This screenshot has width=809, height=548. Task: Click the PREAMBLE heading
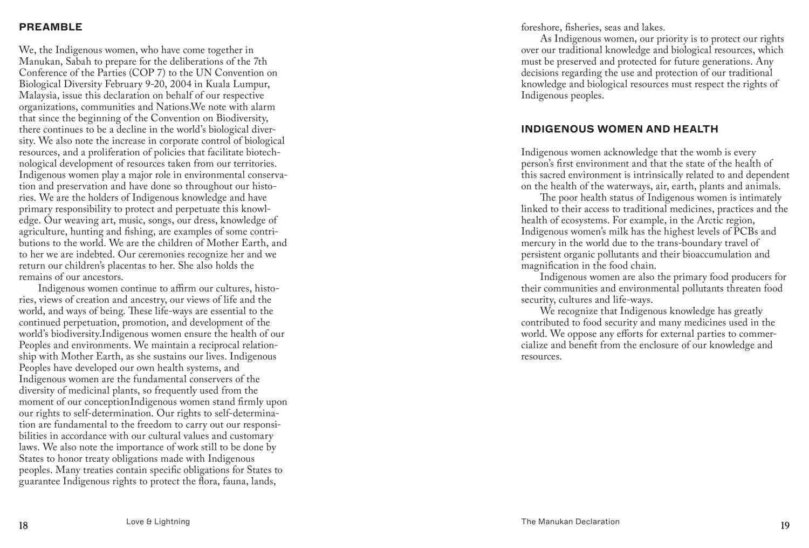[x=51, y=27]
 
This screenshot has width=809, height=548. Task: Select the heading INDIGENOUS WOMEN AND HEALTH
[x=620, y=129]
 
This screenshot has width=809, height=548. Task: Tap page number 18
[x=24, y=525]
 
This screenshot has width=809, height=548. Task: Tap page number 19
[x=785, y=525]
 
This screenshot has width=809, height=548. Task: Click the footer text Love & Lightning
[x=158, y=522]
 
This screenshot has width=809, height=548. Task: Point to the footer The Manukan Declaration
[x=570, y=522]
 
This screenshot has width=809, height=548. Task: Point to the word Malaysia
[x=39, y=96]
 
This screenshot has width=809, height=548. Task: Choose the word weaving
[x=81, y=220]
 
